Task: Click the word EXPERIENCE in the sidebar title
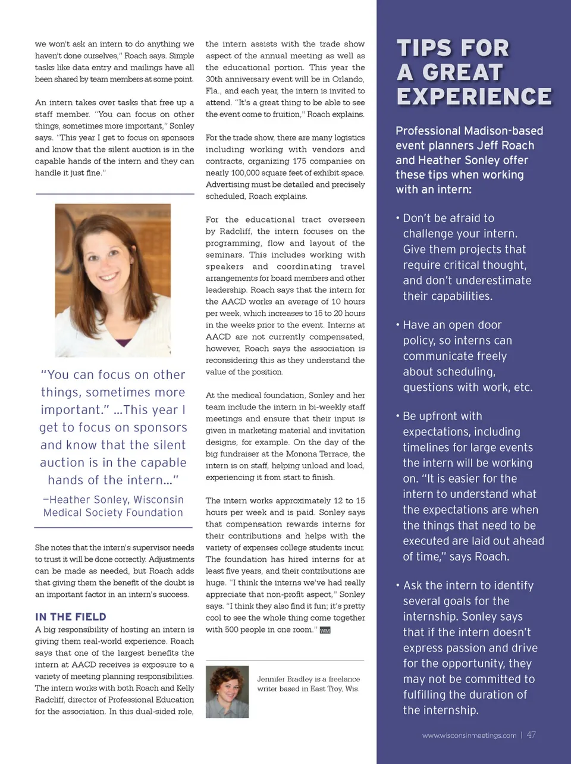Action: pyautogui.click(x=474, y=96)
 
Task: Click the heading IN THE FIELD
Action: pyautogui.click(x=70, y=617)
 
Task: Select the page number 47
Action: pyautogui.click(x=531, y=735)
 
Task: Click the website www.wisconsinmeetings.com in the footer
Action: pyautogui.click(x=469, y=735)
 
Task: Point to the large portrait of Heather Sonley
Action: pyautogui.click(x=112, y=280)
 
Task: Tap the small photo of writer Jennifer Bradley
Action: pyautogui.click(x=227, y=691)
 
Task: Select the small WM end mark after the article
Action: pyautogui.click(x=325, y=630)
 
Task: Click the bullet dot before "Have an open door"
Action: pyautogui.click(x=398, y=325)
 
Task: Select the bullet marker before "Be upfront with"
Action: pyautogui.click(x=398, y=416)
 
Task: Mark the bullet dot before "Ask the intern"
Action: pyautogui.click(x=398, y=585)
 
